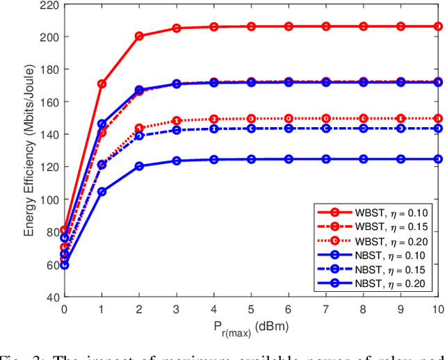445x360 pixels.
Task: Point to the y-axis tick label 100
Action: click(x=48, y=199)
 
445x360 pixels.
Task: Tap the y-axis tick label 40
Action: click(x=51, y=297)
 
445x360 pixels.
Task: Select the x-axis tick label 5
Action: click(x=252, y=308)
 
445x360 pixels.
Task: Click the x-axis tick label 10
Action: click(x=438, y=308)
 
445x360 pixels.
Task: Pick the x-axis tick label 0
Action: click(x=65, y=308)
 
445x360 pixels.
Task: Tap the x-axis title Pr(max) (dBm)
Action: click(x=251, y=327)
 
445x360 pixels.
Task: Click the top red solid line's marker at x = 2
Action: click(x=139, y=36)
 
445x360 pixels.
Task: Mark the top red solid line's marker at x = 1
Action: click(x=102, y=84)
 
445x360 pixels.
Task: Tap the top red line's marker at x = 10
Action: click(x=438, y=26)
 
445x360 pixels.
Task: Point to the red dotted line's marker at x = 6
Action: click(x=289, y=118)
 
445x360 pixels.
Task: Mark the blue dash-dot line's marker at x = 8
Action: click(x=364, y=129)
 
